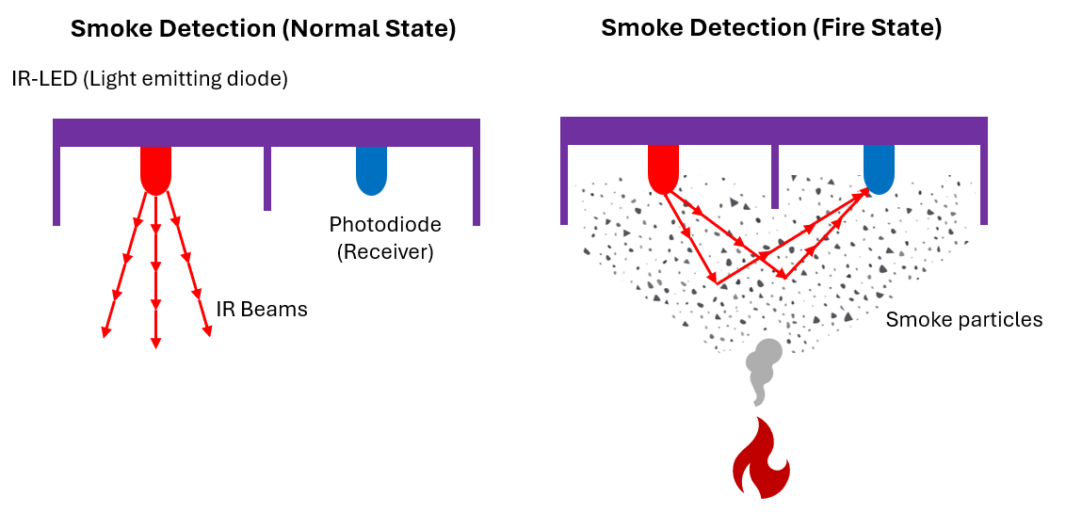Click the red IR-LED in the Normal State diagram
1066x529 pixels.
click(155, 169)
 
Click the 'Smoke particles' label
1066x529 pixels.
click(963, 320)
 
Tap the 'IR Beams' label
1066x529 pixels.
click(262, 309)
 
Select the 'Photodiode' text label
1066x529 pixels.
click(384, 225)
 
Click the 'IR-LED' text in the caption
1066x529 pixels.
click(44, 79)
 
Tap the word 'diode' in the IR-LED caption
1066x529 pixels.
click(261, 79)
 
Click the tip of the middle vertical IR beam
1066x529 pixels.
click(155, 345)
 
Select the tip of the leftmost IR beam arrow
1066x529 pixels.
click(105, 335)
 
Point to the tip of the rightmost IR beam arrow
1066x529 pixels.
click(208, 334)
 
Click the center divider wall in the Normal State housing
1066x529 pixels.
click(267, 178)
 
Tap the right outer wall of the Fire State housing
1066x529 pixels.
click(983, 184)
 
